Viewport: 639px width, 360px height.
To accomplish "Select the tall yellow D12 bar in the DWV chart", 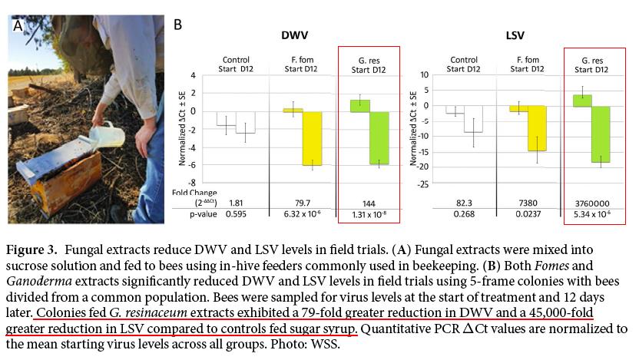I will click(311, 138).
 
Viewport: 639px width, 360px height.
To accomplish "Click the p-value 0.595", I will click(236, 214).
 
